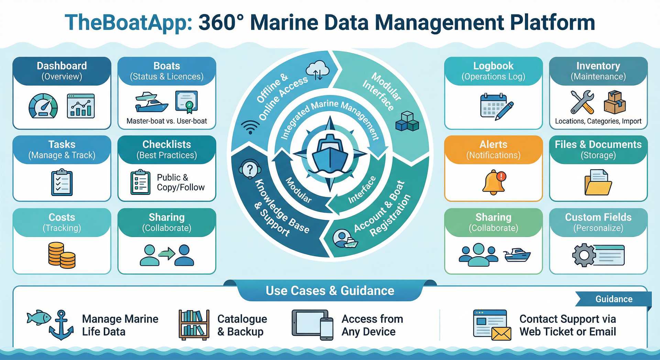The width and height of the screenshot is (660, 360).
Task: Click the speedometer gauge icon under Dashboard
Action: [x=43, y=106]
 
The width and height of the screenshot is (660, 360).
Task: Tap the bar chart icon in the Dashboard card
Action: [x=81, y=106]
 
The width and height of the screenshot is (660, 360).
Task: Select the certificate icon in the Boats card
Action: [x=187, y=102]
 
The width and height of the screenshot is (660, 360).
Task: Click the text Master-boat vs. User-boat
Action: [x=167, y=121]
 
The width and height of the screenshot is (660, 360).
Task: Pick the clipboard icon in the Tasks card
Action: [x=62, y=182]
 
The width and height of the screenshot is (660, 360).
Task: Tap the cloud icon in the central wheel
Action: [x=317, y=70]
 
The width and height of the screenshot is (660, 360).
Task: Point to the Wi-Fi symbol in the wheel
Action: [x=250, y=127]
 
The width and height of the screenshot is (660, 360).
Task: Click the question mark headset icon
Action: [x=250, y=169]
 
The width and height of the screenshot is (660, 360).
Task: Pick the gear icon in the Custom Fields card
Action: [x=584, y=255]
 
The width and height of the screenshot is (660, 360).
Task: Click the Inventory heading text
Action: [x=598, y=66]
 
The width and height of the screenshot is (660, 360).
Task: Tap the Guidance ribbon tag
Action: [x=614, y=299]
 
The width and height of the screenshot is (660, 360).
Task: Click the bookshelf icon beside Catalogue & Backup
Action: [x=194, y=325]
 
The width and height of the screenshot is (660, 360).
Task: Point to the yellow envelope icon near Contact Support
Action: [x=501, y=334]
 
